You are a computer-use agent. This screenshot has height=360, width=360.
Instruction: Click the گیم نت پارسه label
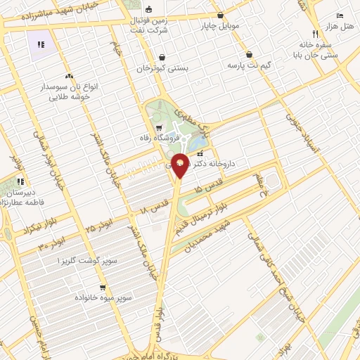point(249,65)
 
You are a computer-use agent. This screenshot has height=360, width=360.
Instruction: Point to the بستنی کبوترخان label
point(162,69)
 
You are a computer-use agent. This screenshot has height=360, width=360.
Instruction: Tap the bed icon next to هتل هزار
point(340,15)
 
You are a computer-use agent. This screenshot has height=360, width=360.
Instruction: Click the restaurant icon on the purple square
point(41,44)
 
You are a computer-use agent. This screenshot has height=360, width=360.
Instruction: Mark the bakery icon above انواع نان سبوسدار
point(69,76)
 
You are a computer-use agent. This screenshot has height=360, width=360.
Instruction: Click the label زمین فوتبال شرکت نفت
point(150,25)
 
